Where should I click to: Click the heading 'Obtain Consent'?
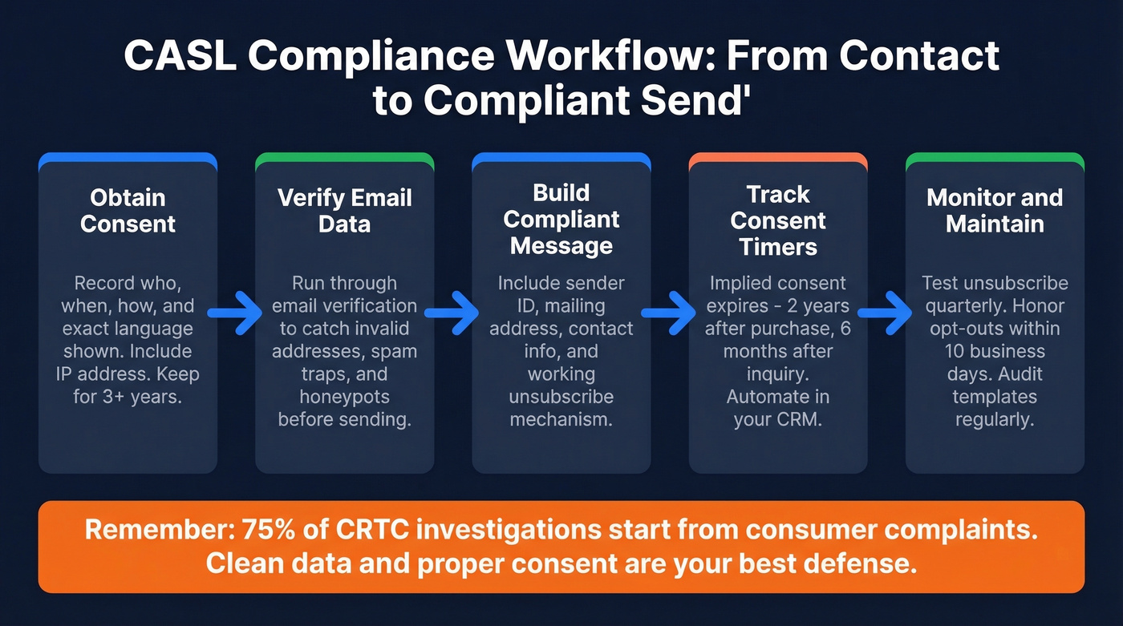128,210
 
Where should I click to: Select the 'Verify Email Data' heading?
344,210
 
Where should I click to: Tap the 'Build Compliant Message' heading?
561,219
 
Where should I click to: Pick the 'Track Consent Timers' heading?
778,220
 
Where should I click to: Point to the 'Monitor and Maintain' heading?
995,210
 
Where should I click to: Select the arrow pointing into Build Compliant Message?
452,311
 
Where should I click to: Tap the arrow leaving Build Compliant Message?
669,311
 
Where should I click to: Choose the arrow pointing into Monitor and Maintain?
886,311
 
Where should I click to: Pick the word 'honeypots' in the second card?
344,396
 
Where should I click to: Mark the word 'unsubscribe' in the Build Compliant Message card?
561,397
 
